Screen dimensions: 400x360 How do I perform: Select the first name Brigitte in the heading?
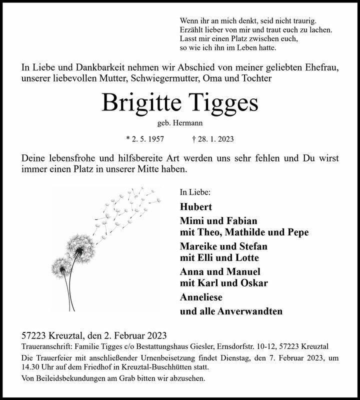click(x=142, y=103)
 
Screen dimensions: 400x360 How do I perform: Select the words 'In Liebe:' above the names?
click(x=194, y=191)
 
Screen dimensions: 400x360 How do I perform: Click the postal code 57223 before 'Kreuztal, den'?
click(x=34, y=335)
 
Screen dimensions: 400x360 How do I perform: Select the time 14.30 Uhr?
click(x=39, y=367)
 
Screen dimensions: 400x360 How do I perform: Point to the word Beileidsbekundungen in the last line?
click(x=71, y=378)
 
